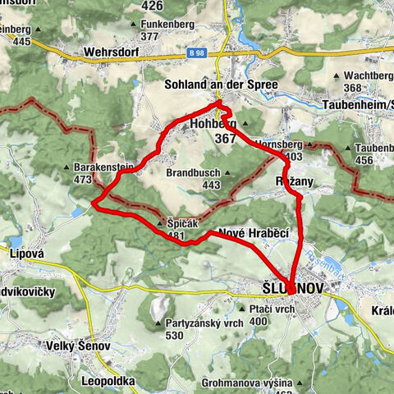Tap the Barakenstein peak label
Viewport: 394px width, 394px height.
(98, 167)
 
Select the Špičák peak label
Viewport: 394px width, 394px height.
(176, 222)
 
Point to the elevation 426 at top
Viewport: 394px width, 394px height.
(152, 6)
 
